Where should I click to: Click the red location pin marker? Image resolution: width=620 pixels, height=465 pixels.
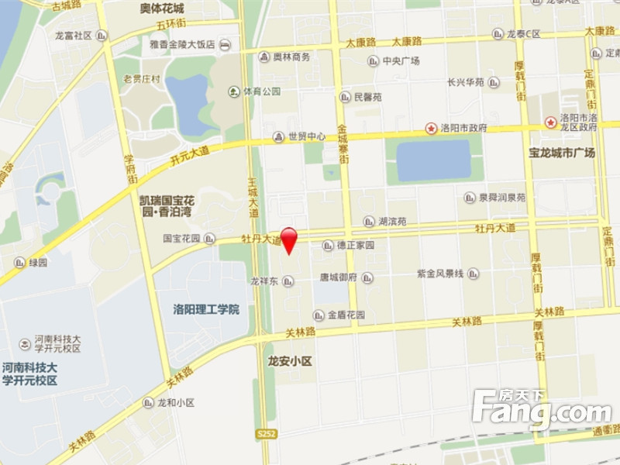[x=288, y=239]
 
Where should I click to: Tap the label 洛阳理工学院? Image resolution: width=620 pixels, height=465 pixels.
[x=206, y=310]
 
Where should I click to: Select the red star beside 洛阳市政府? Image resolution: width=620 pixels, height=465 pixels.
[x=431, y=128]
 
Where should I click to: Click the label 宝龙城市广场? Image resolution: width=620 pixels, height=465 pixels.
[x=562, y=153]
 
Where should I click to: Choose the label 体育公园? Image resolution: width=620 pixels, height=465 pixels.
[x=261, y=91]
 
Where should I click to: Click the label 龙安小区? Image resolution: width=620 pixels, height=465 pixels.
[x=289, y=360]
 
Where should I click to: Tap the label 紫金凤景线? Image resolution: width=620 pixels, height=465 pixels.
[x=440, y=274]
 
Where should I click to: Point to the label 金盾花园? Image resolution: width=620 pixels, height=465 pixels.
[x=346, y=315]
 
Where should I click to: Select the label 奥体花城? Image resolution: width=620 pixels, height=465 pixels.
[x=162, y=9]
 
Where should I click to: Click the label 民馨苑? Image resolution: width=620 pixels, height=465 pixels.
[x=367, y=98]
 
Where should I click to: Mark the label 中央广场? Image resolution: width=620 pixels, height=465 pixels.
[x=401, y=61]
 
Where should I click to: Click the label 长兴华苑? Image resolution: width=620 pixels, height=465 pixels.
[x=466, y=82]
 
